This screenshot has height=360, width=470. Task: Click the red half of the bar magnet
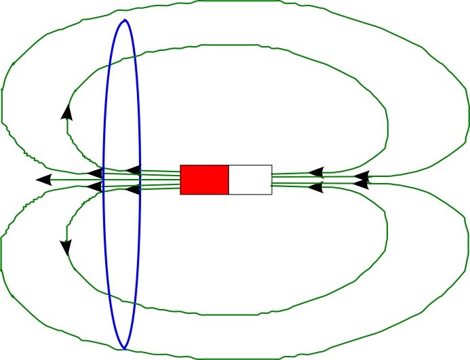(x=204, y=180)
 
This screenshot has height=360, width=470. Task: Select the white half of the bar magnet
(x=250, y=180)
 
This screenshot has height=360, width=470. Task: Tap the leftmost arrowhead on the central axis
(x=43, y=180)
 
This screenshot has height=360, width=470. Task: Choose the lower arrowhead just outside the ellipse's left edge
(x=96, y=188)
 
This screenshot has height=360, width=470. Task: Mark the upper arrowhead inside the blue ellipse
(x=134, y=169)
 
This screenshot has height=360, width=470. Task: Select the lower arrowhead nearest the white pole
(x=315, y=186)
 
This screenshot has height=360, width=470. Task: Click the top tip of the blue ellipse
(x=124, y=20)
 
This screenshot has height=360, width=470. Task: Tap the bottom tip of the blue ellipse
(x=123, y=346)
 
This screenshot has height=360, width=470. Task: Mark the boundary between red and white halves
(x=229, y=180)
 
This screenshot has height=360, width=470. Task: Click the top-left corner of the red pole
(x=180, y=165)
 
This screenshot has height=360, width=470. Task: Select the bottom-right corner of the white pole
(x=272, y=195)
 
